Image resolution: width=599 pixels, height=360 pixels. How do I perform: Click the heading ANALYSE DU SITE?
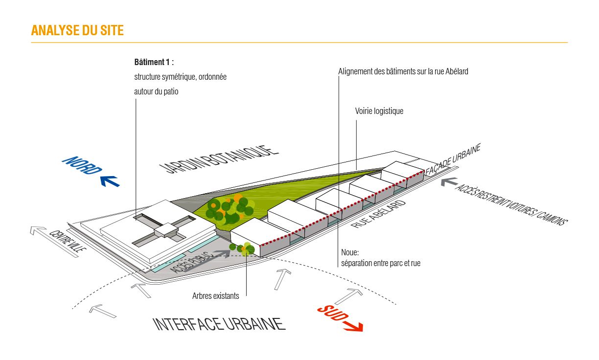77,30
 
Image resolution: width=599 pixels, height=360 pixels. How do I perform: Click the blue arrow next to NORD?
110,181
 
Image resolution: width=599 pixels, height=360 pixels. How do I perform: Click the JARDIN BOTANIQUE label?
219,159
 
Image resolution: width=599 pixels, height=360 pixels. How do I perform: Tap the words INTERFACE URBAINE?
219,324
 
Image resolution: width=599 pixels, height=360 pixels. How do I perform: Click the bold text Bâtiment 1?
154,63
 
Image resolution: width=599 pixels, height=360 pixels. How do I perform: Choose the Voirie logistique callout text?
379,111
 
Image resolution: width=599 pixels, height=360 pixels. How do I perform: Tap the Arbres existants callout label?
216,296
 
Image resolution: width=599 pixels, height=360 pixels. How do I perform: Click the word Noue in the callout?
350,253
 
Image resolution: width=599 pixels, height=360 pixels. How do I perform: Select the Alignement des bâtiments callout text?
403,71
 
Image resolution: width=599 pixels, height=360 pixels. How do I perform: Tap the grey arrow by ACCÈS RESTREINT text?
447,181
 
